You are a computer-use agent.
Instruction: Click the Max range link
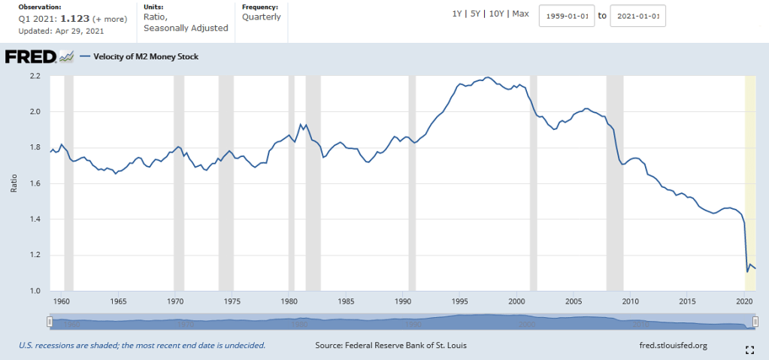click(520, 14)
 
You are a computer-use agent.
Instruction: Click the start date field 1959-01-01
click(567, 16)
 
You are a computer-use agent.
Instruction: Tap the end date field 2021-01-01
click(637, 16)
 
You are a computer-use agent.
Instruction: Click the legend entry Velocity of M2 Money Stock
click(145, 56)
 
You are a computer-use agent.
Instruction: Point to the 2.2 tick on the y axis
click(35, 76)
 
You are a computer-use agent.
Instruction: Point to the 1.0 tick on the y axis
click(35, 291)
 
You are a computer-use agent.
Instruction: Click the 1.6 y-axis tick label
click(35, 183)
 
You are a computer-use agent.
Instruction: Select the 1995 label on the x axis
click(459, 301)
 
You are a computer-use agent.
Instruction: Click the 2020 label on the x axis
click(743, 301)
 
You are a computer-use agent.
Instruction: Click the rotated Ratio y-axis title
click(14, 183)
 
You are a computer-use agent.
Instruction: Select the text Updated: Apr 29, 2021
click(62, 32)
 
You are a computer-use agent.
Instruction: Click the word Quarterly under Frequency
click(261, 17)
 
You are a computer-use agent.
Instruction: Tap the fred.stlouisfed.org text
click(672, 345)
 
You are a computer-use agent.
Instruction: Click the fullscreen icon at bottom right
click(749, 349)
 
